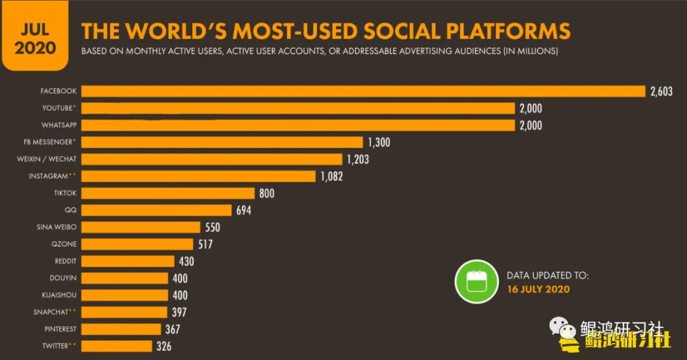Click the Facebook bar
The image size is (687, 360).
(x=363, y=91)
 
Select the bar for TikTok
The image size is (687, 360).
(x=169, y=193)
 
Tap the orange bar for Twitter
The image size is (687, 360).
(x=118, y=346)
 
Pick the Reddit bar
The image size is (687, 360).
(x=128, y=261)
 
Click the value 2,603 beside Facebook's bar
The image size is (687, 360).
(x=661, y=92)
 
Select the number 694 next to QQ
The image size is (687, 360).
(x=244, y=210)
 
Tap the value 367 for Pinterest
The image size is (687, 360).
(x=172, y=329)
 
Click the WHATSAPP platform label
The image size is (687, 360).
(x=59, y=125)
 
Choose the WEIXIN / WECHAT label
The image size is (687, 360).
(x=46, y=159)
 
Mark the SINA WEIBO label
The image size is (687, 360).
(x=57, y=227)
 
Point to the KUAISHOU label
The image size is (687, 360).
(x=59, y=295)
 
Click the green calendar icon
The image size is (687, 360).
(x=475, y=282)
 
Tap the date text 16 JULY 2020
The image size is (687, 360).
(x=538, y=289)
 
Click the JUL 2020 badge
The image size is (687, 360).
(x=36, y=38)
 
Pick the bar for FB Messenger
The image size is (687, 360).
(x=223, y=142)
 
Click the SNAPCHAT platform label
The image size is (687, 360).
(x=51, y=312)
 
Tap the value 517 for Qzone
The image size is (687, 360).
(x=205, y=244)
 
